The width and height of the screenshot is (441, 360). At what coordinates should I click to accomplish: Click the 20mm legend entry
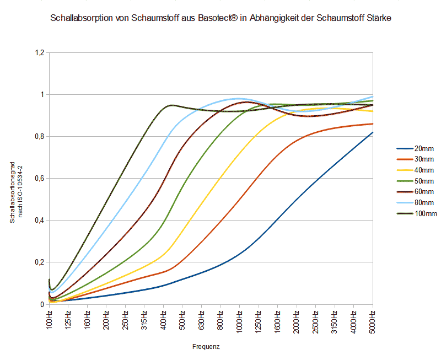coord(424,149)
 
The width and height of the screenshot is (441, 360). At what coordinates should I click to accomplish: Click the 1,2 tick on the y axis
coord(39,53)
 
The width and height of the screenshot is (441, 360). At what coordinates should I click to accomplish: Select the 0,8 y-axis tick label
coord(39,137)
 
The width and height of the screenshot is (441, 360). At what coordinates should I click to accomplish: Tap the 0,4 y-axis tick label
coord(39,221)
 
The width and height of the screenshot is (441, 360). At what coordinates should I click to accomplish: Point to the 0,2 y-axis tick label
coord(39,262)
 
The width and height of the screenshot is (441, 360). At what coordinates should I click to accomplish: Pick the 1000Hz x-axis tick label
coord(240,321)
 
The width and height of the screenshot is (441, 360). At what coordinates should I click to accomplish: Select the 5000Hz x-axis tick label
coord(373,321)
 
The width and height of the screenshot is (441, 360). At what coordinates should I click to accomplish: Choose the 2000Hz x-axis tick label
coord(297,321)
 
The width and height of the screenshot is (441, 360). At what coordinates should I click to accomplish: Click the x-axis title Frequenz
coord(207,347)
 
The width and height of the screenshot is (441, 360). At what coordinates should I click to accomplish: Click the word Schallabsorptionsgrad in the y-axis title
coord(12,187)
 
